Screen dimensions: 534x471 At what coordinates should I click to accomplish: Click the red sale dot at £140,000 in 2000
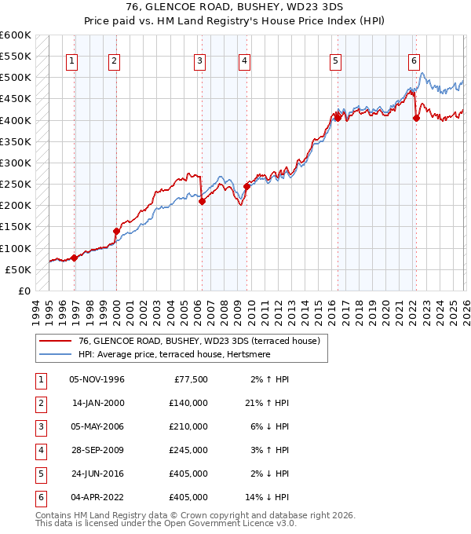(x=116, y=231)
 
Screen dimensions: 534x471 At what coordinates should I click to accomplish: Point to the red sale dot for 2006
(x=202, y=201)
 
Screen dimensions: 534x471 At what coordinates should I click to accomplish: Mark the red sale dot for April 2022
(x=416, y=119)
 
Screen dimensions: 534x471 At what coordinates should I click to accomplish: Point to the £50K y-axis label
(x=18, y=269)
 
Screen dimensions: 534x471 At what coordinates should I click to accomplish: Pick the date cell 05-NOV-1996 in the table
(x=97, y=379)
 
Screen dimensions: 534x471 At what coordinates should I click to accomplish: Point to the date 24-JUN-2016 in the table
(x=97, y=474)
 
